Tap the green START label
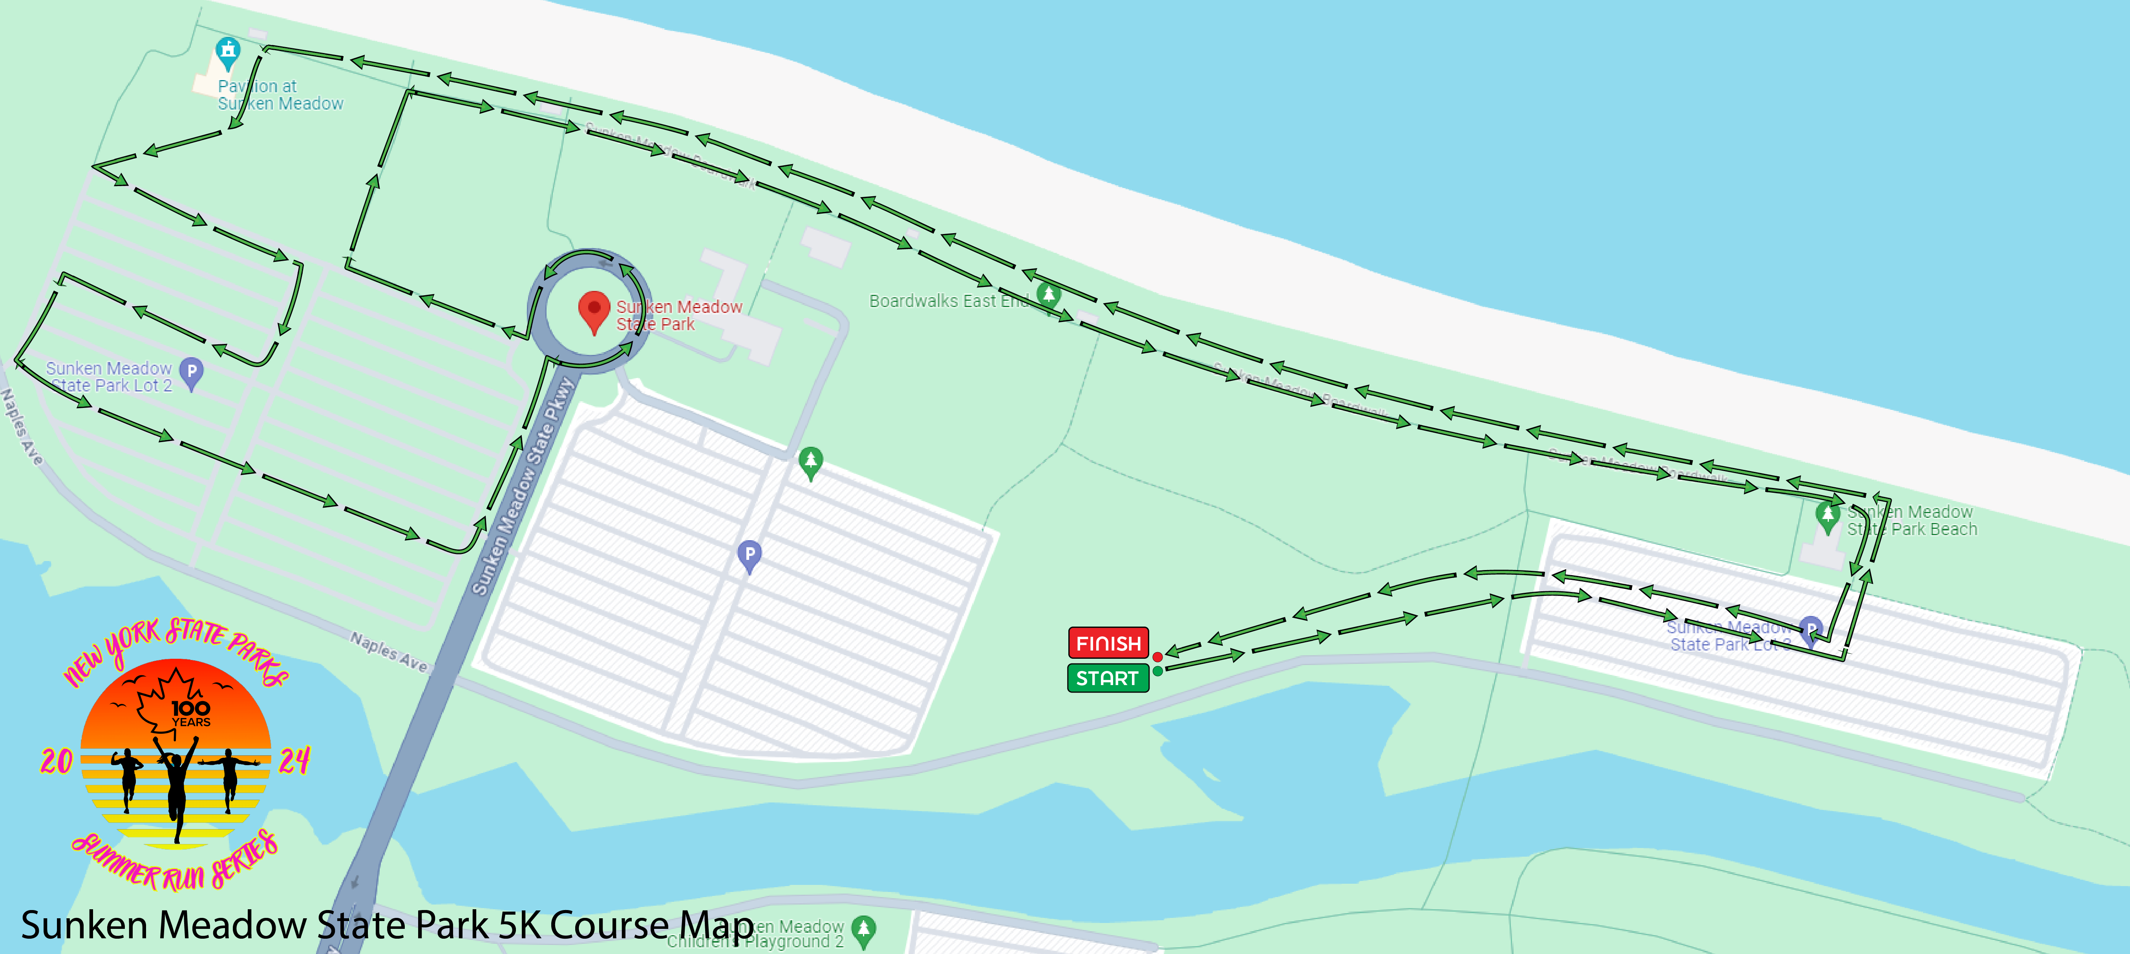pyautogui.click(x=1107, y=678)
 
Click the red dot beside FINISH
pyautogui.click(x=1157, y=657)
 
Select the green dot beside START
pyautogui.click(x=1157, y=671)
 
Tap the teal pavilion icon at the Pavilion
pyautogui.click(x=227, y=51)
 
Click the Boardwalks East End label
pyautogui.click(x=947, y=301)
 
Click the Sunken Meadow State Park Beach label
pyautogui.click(x=1912, y=521)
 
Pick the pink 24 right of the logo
pyautogui.click(x=294, y=760)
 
